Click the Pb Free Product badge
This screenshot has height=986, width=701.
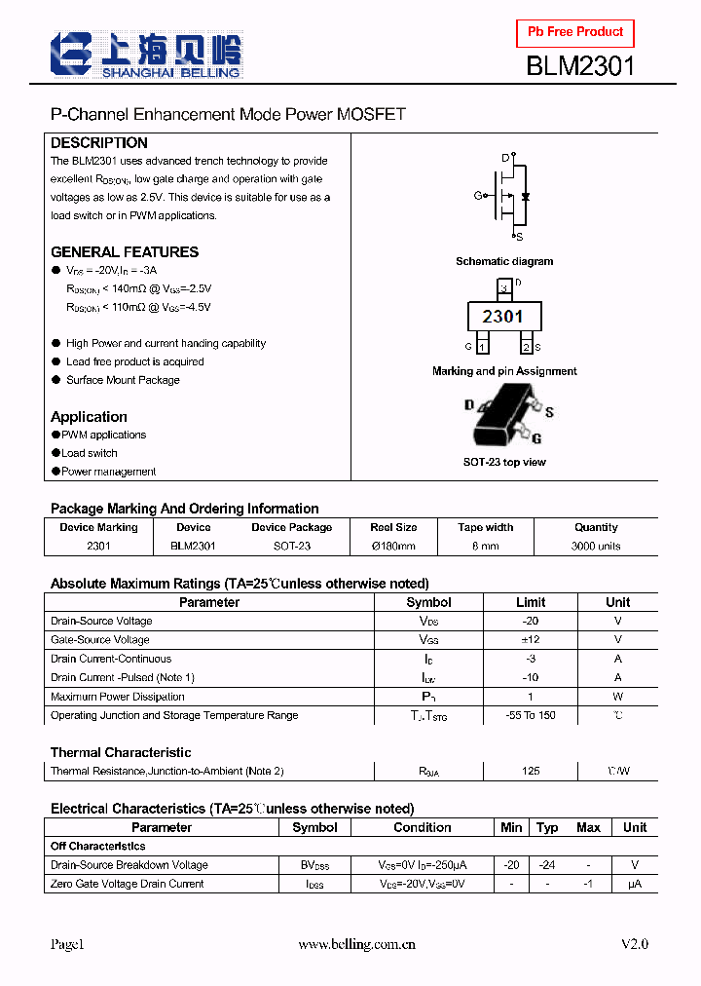coord(575,32)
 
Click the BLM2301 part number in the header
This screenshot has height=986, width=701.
coord(580,66)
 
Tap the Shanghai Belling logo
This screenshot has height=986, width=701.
coord(147,55)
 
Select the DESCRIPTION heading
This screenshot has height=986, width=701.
coord(99,142)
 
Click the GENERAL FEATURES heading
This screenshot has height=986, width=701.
coord(125,251)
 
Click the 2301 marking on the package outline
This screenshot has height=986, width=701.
coord(502,316)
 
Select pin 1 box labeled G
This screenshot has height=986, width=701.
coord(481,346)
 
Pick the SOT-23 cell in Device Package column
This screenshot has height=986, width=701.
coord(291,546)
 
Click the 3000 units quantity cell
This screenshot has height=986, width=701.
coord(596,546)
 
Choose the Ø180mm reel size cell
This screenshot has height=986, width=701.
coord(393,546)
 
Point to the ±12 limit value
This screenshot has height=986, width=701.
coord(531,640)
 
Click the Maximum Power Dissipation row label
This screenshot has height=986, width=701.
coord(117,697)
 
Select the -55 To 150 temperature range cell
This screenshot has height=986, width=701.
coord(531,715)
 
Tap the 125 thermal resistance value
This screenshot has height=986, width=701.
coord(531,771)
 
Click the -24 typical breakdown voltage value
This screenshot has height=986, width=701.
coord(548,865)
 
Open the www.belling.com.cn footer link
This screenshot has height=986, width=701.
coord(357,944)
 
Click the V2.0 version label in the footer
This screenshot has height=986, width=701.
coord(634,944)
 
